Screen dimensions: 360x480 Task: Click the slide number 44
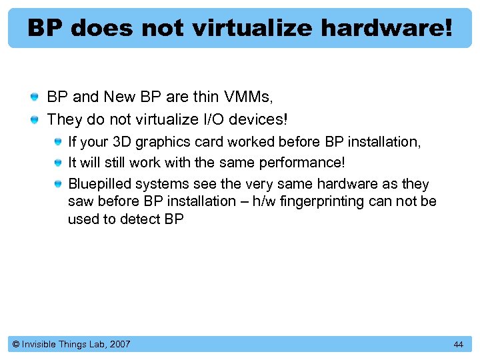[x=458, y=344]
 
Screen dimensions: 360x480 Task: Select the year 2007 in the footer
[x=120, y=344]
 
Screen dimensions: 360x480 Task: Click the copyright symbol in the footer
[x=16, y=344]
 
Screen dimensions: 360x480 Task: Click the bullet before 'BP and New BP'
[x=34, y=98]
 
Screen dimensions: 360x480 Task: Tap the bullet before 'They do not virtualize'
[x=34, y=120]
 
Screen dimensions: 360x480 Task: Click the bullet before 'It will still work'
[x=59, y=163]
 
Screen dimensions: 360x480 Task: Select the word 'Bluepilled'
[x=99, y=184]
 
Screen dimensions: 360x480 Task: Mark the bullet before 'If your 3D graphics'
[x=59, y=142]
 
